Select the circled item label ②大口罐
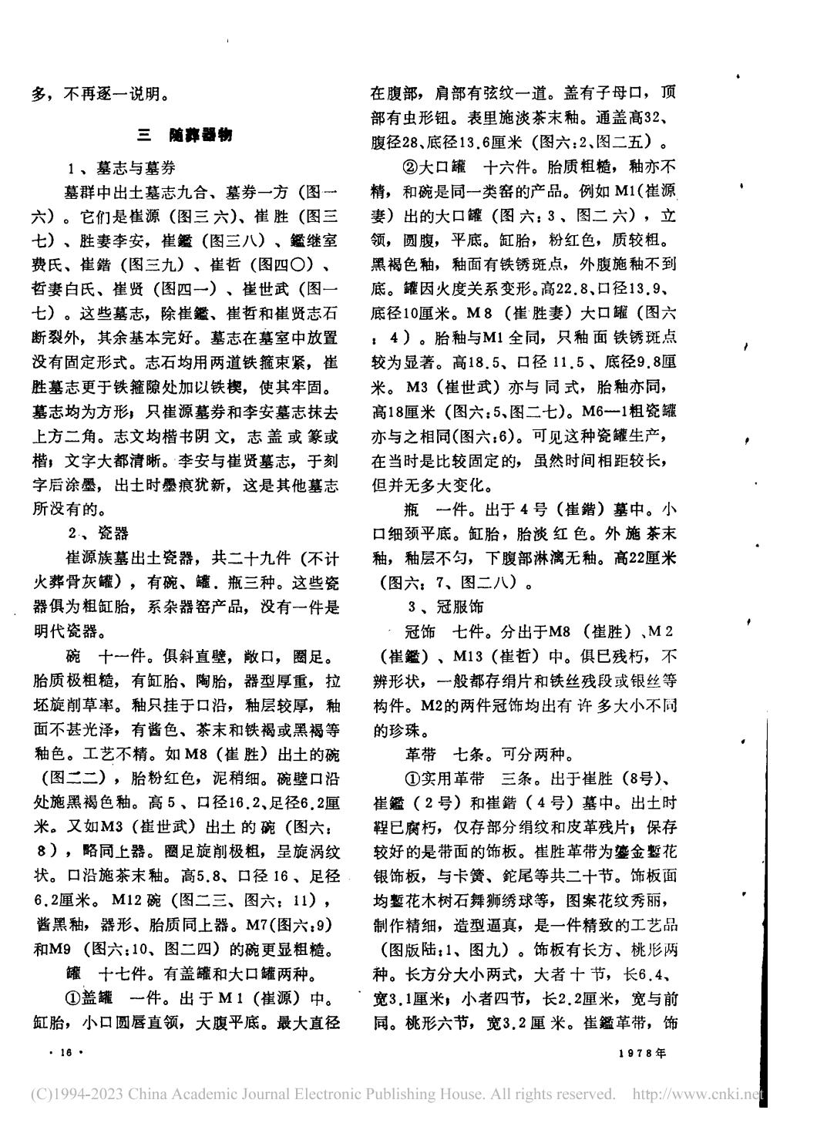(x=436, y=166)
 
